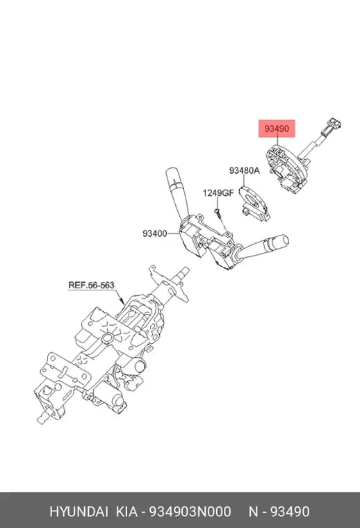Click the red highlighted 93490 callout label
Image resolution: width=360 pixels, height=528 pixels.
tap(277, 129)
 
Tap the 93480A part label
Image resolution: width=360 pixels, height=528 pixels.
tap(245, 170)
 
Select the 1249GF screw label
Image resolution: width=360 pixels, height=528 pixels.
tap(218, 193)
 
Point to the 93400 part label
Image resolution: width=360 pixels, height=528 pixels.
tap(154, 233)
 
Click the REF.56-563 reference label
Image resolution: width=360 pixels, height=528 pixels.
tap(91, 286)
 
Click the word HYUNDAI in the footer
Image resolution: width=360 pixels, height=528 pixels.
tap(79, 511)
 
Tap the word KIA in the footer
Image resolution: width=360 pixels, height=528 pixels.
tap(126, 511)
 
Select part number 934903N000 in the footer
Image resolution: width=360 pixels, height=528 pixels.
tap(190, 511)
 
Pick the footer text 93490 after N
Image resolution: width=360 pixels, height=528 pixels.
tap(290, 511)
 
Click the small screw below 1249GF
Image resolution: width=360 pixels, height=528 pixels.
tap(218, 213)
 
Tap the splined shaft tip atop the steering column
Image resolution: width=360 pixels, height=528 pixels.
tap(183, 272)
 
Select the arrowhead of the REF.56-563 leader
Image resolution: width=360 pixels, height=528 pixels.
tap(122, 300)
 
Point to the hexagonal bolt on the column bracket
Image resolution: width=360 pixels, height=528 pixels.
tap(108, 338)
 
